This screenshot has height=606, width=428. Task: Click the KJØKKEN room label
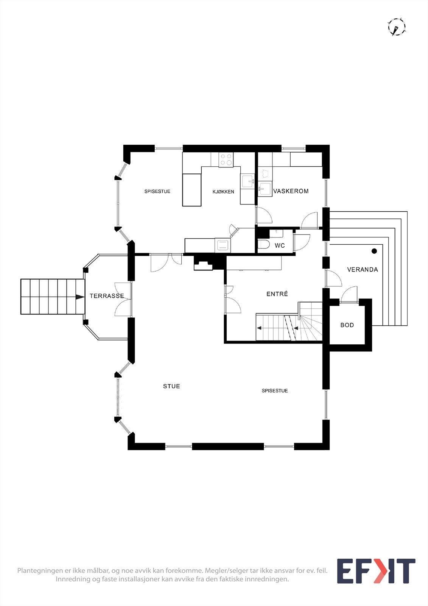coord(223,192)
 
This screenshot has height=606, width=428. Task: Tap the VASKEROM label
coord(291,191)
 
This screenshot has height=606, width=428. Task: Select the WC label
coord(280,246)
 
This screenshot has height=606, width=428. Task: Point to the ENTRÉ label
coord(277,294)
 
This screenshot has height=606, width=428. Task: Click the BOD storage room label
coord(347,325)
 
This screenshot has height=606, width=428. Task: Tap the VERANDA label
coord(363,270)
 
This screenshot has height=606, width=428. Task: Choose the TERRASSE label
coord(107,296)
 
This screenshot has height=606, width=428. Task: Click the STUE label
coord(171,386)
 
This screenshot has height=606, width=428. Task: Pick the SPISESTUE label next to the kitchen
coord(157,192)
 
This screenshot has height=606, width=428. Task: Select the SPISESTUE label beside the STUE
coord(275,391)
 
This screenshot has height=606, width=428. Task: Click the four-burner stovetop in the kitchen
coord(226,159)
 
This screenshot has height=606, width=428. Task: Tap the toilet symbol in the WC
coord(263,245)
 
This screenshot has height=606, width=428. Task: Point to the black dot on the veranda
coord(374,251)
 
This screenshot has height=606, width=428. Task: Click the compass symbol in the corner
coord(396,27)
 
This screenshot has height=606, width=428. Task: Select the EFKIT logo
coord(376,571)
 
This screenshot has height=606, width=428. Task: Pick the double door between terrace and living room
coord(123,299)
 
